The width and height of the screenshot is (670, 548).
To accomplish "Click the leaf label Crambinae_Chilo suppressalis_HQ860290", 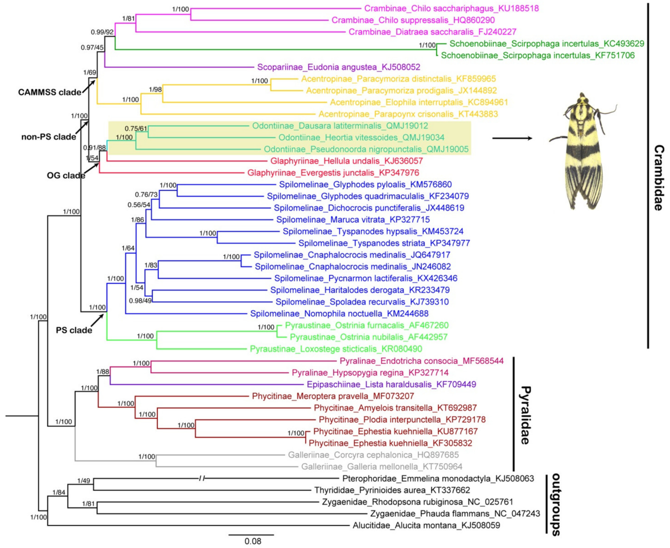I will point(413,20).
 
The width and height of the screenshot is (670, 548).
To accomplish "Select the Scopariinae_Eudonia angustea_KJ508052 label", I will point(339,67).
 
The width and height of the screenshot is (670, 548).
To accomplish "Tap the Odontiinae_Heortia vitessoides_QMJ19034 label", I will point(361,138).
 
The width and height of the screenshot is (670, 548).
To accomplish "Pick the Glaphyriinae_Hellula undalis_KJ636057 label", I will point(346,161).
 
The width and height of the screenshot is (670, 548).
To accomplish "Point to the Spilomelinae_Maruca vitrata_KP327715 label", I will point(353,220).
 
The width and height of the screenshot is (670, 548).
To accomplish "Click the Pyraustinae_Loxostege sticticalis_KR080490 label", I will point(336,349).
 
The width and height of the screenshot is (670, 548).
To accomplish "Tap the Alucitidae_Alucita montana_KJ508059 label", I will point(426,526).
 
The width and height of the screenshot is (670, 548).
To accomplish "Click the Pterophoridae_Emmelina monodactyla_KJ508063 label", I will point(438,479).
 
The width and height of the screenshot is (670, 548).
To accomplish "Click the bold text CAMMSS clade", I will point(50,92).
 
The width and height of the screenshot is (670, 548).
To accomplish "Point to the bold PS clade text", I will point(74,330).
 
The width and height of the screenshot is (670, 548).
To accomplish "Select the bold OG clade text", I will point(66,176).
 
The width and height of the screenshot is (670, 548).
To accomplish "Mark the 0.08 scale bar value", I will point(253,541).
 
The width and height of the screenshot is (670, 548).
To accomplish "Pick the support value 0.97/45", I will point(92,48).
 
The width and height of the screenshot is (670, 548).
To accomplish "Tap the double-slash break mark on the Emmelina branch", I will point(202,479).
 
